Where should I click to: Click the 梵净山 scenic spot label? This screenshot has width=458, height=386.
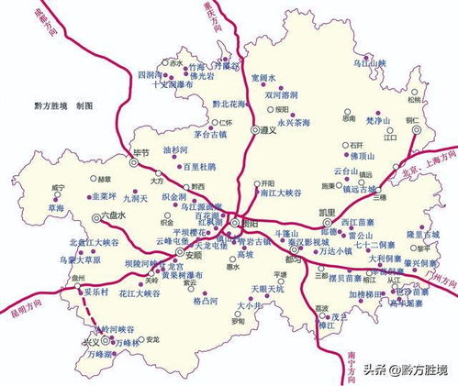379,120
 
